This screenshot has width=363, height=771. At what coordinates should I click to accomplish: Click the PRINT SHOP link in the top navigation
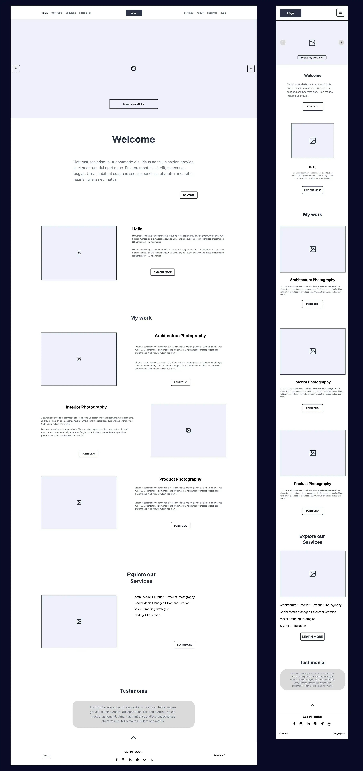pos(85,13)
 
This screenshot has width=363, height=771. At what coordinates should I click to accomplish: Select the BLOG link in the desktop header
pos(223,13)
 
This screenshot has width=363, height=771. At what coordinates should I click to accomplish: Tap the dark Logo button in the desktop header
pos(134,13)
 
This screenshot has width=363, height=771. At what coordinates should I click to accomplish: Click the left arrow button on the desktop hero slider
pos(16,69)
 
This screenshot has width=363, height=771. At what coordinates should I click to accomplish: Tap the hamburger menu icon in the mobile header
pos(340,13)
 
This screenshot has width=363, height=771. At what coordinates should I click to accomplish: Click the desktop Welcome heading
pos(134,139)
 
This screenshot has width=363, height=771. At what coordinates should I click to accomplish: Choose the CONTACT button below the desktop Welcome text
pos(189,195)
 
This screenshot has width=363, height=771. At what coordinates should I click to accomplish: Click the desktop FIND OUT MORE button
pos(162,272)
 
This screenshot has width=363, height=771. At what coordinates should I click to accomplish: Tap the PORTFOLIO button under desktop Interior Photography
pos(88,453)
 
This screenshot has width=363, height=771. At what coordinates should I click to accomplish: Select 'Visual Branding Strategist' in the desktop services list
pos(152,609)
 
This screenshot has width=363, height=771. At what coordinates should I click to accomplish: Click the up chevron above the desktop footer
pos(134,738)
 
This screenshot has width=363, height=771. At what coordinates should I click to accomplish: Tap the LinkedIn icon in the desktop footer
pos(130,760)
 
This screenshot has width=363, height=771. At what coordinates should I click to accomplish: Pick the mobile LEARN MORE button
pos(312,637)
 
